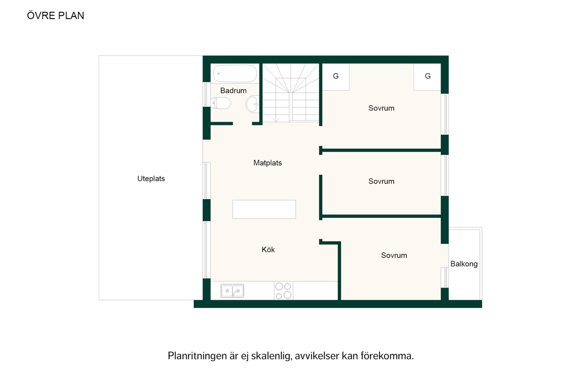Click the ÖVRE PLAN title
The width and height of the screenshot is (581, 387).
point(56,15)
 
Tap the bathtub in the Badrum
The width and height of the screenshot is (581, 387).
point(235,73)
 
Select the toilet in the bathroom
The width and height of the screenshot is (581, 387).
point(221,103)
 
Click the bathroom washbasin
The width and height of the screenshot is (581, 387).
point(252,104)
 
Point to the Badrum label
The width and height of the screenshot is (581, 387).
point(233,90)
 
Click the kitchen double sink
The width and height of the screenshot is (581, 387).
point(232,291)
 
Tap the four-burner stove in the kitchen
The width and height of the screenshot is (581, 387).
point(283,291)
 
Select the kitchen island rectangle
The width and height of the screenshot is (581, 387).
point(264,209)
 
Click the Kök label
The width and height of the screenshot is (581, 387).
point(268,249)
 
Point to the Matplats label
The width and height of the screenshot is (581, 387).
point(268,163)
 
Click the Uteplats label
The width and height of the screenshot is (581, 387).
point(151,178)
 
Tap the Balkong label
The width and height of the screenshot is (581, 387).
point(464,264)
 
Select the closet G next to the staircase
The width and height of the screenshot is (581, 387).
point(336,76)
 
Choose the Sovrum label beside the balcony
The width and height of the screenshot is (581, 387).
point(394,255)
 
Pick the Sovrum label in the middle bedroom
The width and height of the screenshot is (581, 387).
point(381,181)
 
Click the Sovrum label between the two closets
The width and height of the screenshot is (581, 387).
point(381,108)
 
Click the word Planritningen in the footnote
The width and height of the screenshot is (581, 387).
point(198,356)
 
